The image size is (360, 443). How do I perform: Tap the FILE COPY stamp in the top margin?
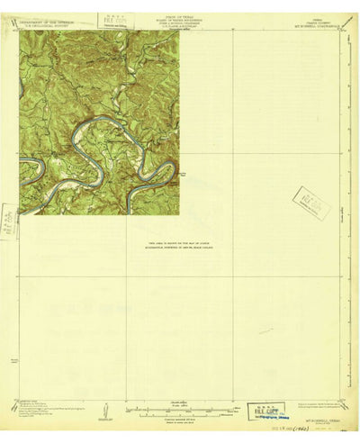coord(113,20)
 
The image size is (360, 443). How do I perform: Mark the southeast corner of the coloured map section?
coord(178,214)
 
